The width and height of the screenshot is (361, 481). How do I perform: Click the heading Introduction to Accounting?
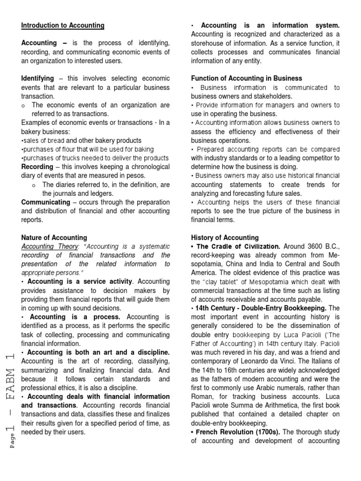63,25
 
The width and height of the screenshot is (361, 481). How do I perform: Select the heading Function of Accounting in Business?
246,78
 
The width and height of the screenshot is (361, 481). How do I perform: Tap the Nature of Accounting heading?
54,238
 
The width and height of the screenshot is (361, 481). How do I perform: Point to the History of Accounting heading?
225,238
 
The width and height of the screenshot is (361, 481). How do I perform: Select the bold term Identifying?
38,78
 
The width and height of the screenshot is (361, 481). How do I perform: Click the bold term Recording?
37,167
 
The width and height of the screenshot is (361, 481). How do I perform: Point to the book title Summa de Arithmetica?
269,396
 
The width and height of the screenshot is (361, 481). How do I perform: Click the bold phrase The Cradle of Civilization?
239,247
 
